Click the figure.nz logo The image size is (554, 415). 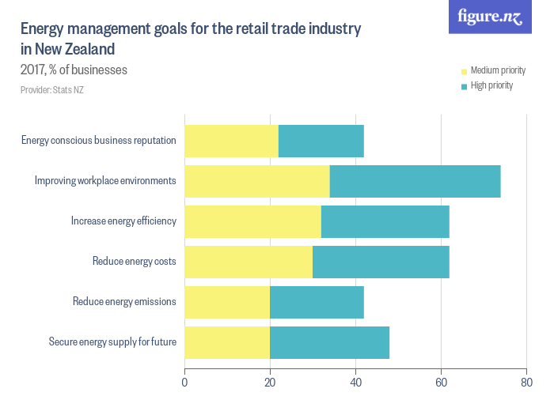coord(490,17)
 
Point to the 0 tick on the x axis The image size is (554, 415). coord(184,383)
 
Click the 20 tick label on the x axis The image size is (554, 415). coord(270,383)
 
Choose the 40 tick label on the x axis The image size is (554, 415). coord(355,383)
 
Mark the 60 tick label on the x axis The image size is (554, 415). coord(441,383)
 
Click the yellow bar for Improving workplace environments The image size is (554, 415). coord(257,181)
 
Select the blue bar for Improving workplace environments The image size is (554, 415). coord(415,181)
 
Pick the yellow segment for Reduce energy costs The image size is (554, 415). coord(249,262)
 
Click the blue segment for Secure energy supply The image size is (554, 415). coord(329,342)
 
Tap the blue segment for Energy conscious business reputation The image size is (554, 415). coord(321,141)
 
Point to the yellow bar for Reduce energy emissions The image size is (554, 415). coord(227,302)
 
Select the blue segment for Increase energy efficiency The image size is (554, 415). coord(385,221)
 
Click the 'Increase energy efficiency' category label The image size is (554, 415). coord(123,221)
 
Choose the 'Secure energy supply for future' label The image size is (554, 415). coord(112,341)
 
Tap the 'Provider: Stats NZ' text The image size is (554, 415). coord(52,89)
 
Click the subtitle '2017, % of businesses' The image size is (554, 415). coord(74,70)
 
